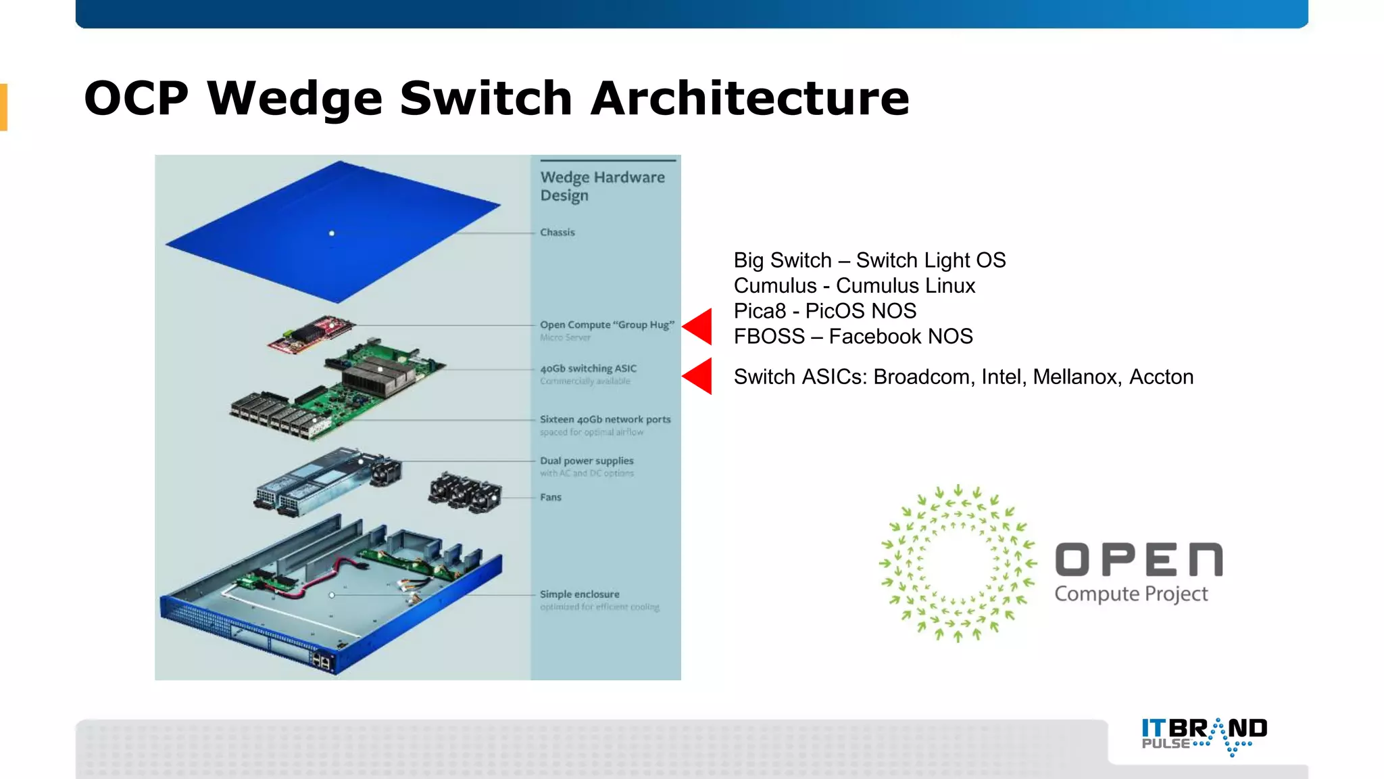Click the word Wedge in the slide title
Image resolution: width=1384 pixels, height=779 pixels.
pyautogui.click(x=294, y=99)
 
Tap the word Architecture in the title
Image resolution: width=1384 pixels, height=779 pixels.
pyautogui.click(x=749, y=99)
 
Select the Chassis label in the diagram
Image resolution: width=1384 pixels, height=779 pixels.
pyautogui.click(x=557, y=232)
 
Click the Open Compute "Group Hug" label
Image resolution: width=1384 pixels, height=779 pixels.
pyautogui.click(x=606, y=325)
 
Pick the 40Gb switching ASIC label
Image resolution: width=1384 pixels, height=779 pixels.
pyautogui.click(x=588, y=369)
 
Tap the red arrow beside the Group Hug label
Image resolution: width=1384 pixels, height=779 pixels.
pyautogui.click(x=698, y=326)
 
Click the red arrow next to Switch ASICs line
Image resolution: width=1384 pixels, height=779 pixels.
pyautogui.click(x=698, y=376)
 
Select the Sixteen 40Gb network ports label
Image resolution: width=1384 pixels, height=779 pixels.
pyautogui.click(x=605, y=419)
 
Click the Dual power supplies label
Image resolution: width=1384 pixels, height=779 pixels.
pyautogui.click(x=586, y=461)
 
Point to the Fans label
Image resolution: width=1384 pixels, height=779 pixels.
pyautogui.click(x=550, y=497)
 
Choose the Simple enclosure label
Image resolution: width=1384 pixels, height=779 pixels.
pyautogui.click(x=579, y=594)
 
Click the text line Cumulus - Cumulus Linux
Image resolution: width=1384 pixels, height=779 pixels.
pyautogui.click(x=854, y=285)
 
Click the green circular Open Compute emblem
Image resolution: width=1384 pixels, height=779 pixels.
pyautogui.click(x=958, y=563)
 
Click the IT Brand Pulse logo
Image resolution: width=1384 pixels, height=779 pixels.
pyautogui.click(x=1204, y=735)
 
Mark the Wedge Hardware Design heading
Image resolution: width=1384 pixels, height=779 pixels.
pyautogui.click(x=601, y=186)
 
